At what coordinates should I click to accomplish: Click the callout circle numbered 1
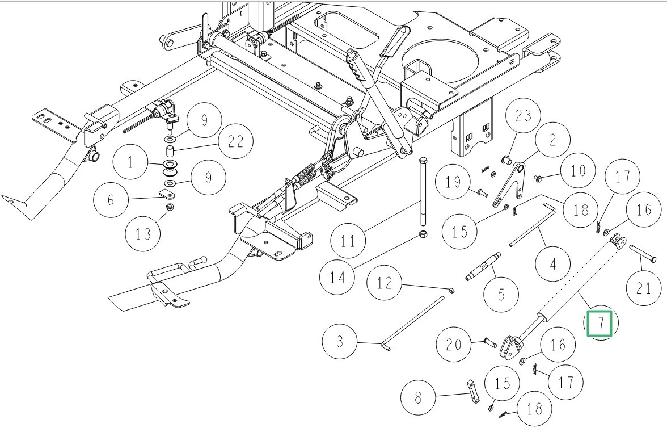tap(130, 162)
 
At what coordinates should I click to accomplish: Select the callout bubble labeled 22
tap(235, 142)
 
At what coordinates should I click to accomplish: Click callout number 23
tap(524, 116)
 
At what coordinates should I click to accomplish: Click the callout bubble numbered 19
tap(454, 183)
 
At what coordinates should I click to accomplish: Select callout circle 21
tap(644, 289)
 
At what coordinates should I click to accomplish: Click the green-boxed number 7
tap(600, 324)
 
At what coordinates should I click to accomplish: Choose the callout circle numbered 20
tap(454, 343)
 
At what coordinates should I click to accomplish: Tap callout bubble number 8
tap(419, 397)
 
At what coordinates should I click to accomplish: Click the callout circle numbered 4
tap(552, 263)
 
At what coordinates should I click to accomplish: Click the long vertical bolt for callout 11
tap(423, 193)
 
